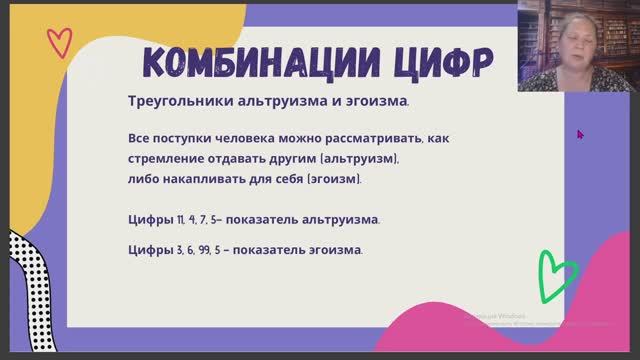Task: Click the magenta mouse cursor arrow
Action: (x=580, y=133)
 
